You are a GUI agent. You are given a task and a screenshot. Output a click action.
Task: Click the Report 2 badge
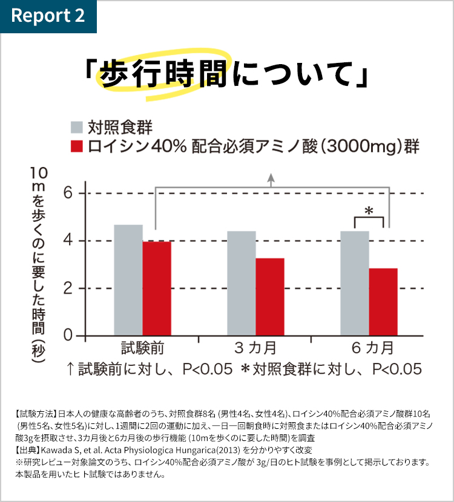[x=48, y=16]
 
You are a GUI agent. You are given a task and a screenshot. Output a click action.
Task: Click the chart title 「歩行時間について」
[x=227, y=76]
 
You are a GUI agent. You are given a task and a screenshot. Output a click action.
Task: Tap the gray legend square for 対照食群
[x=76, y=127]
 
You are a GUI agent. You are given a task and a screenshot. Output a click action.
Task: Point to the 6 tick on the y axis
[x=67, y=194]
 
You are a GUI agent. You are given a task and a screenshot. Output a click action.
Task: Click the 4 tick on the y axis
[x=67, y=241]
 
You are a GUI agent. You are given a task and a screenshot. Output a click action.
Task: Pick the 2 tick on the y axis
[x=67, y=288]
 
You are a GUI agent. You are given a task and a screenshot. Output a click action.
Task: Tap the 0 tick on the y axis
[x=67, y=335]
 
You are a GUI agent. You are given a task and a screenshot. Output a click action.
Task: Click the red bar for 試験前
[x=157, y=288]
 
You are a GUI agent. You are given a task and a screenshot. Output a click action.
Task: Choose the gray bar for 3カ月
[x=241, y=282]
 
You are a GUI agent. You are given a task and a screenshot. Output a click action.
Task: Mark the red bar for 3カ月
[x=269, y=296]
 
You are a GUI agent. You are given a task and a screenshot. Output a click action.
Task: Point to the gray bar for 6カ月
[x=354, y=282]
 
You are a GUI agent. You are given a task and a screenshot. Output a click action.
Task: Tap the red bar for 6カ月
[x=383, y=301]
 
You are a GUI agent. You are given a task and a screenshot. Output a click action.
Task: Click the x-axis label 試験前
[x=143, y=348]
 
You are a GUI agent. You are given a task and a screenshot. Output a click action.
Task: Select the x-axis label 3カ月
[x=255, y=348]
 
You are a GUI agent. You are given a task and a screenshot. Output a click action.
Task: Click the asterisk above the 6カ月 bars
[x=369, y=211]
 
